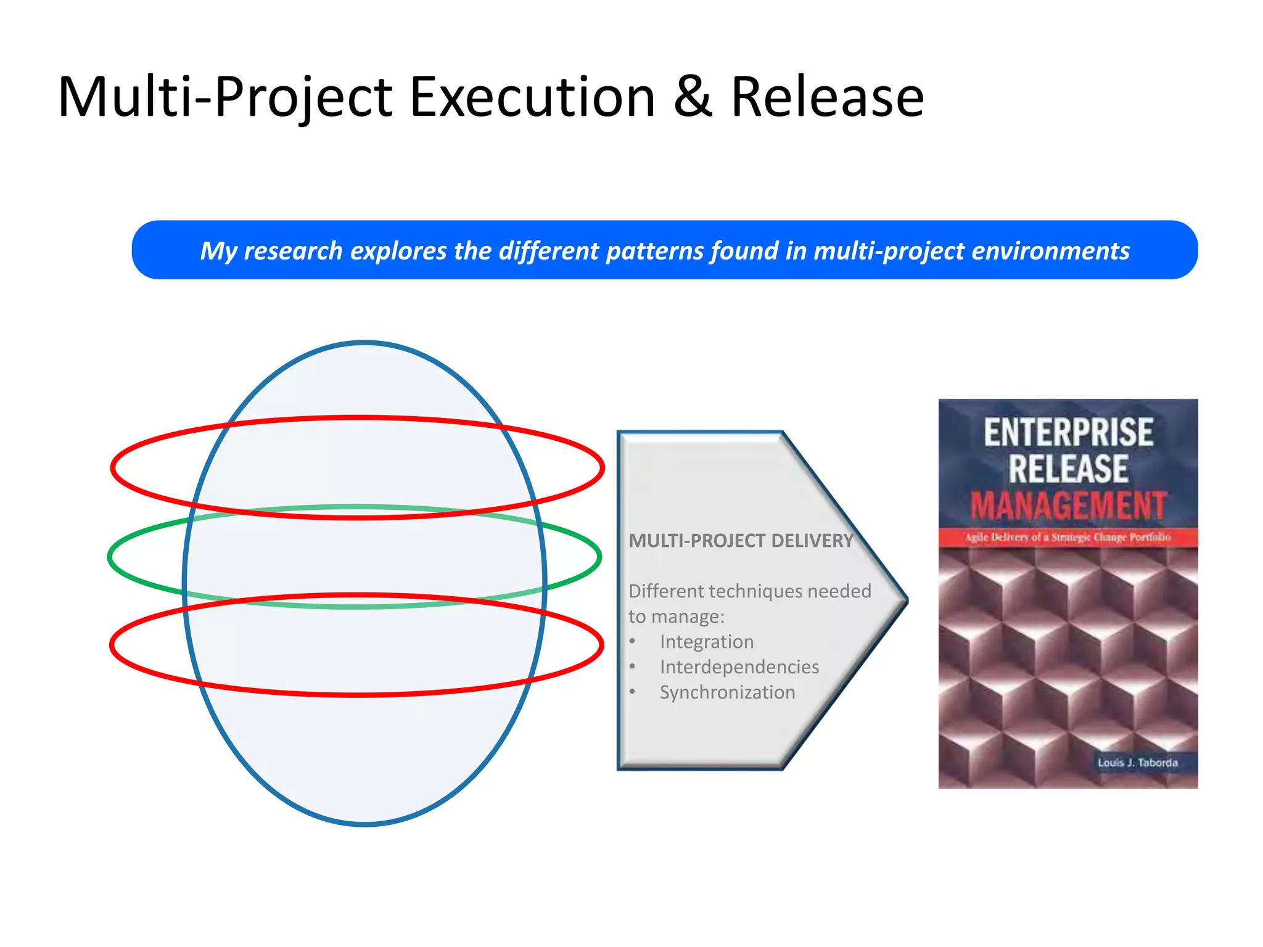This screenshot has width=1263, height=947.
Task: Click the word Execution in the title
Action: pos(532,97)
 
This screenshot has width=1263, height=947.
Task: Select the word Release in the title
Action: pos(827,97)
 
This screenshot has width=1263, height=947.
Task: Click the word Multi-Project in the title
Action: pos(225,97)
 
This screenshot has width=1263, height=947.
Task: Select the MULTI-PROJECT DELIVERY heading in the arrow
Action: pos(741,541)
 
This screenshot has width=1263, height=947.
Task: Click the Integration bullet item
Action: pos(707,642)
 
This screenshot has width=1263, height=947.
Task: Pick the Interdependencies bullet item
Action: pos(739,667)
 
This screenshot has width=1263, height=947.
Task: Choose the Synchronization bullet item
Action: pos(728,692)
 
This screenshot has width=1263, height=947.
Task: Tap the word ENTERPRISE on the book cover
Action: pos(1068,432)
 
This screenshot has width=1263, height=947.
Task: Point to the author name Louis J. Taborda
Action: pos(1137,763)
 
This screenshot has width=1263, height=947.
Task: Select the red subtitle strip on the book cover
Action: pos(1068,537)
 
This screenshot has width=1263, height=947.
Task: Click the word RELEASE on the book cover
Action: pos(1068,469)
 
